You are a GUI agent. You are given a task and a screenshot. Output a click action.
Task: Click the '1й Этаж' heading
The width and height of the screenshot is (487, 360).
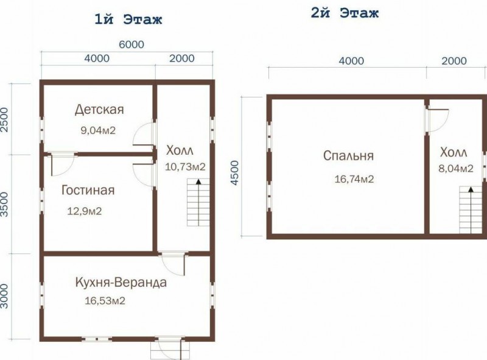128,19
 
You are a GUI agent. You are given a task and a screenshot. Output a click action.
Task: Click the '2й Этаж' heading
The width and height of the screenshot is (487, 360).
345,13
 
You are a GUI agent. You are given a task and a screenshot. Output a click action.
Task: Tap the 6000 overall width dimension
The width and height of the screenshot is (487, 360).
131,44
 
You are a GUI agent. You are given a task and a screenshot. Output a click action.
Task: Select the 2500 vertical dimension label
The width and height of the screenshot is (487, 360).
5,119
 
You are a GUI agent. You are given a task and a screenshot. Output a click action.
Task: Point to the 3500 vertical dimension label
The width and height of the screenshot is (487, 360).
5,204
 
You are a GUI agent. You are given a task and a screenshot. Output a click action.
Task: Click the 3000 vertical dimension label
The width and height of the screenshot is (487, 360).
5,295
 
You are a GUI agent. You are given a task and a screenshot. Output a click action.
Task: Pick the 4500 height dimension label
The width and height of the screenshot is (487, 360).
235,173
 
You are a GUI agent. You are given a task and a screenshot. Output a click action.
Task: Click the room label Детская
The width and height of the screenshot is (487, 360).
99,110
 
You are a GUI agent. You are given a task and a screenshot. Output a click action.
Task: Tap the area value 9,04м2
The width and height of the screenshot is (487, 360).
98,130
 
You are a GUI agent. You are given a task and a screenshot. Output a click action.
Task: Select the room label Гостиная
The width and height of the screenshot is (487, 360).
88,190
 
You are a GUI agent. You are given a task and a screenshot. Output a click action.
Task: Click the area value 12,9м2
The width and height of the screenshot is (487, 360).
85,211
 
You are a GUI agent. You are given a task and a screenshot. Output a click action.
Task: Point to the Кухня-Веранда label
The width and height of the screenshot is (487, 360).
121,283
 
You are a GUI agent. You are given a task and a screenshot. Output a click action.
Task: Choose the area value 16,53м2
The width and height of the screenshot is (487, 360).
105,301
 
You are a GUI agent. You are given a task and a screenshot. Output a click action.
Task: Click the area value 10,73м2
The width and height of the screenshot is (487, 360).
185,167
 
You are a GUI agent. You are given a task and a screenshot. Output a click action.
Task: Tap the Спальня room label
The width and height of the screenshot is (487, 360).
348,155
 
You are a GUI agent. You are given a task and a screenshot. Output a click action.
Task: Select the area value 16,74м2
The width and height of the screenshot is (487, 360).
354,179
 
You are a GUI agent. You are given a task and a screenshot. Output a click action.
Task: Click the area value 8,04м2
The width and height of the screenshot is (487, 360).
456,169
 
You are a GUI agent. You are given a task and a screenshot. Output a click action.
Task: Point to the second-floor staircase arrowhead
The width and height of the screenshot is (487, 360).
471,189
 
